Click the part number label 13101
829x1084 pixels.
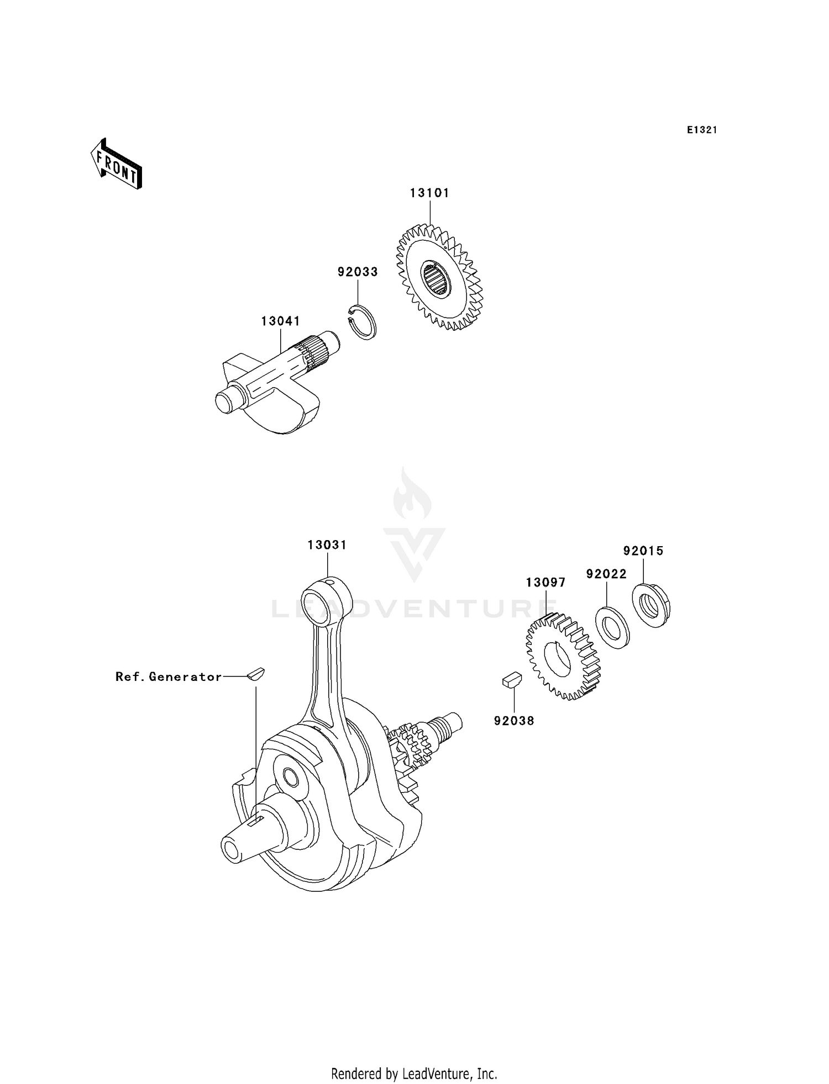point(429,193)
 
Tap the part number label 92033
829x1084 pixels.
point(358,272)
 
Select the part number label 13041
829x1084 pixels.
point(280,321)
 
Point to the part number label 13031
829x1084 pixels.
point(327,545)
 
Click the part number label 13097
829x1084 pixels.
point(545,582)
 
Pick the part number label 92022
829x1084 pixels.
point(606,574)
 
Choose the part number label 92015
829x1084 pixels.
point(643,551)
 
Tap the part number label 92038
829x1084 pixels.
point(514,721)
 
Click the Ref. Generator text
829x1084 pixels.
point(169,676)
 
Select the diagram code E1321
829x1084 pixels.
point(702,130)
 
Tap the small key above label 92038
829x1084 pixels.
point(512,679)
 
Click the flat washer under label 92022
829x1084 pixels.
point(612,627)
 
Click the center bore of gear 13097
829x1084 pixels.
point(558,660)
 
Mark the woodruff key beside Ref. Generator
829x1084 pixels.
point(256,674)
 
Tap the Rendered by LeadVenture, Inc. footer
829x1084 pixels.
point(414,1074)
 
